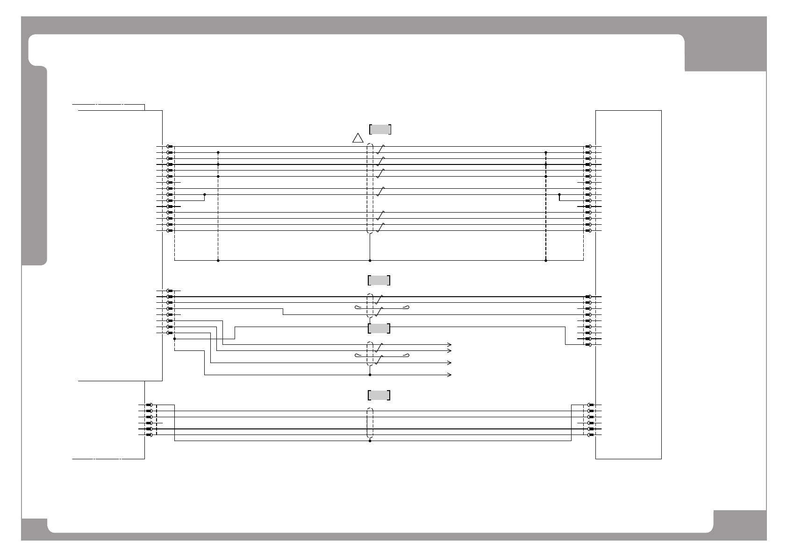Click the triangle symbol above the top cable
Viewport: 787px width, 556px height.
(x=358, y=138)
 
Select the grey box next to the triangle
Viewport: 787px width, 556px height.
(x=380, y=129)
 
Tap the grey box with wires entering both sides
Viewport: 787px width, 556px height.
(x=379, y=328)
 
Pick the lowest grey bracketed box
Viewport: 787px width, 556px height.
(x=379, y=395)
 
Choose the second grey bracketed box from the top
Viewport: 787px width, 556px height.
(x=379, y=280)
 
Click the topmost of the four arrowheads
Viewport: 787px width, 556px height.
(x=450, y=345)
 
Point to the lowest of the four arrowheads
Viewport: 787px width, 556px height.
(x=450, y=375)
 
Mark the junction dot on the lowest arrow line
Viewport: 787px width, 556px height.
(x=370, y=375)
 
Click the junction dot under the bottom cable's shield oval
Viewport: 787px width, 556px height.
(x=370, y=441)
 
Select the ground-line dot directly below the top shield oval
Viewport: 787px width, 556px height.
(x=370, y=260)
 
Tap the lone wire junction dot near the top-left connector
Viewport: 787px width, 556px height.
(x=205, y=194)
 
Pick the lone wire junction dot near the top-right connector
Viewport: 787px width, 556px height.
(x=559, y=194)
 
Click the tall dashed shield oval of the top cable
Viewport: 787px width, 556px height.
(x=370, y=188)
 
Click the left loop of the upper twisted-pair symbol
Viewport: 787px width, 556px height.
(x=358, y=307)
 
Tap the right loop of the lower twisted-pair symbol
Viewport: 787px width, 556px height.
(x=407, y=356)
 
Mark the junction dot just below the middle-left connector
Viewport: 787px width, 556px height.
(x=174, y=339)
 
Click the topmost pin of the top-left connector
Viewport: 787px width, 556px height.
(x=170, y=146)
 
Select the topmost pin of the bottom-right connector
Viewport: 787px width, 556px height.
(x=590, y=405)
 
